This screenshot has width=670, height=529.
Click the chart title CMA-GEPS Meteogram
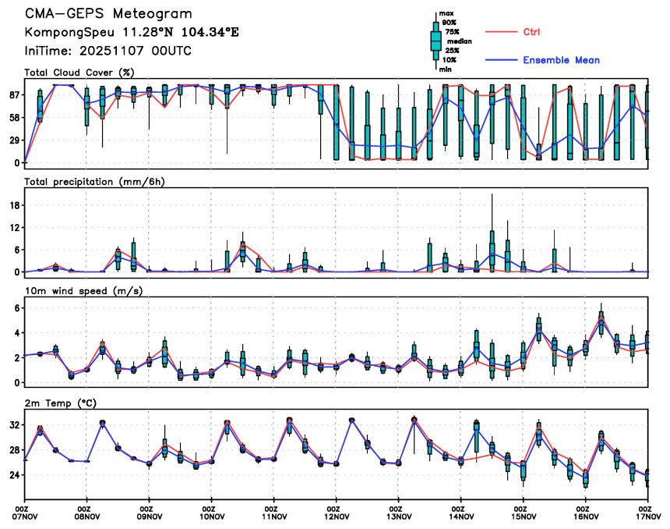108,14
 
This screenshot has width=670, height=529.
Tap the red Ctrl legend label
532,32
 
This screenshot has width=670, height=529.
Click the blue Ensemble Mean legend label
561,60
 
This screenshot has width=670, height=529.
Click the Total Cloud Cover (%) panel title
79,73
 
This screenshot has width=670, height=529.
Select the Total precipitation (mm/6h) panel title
93,181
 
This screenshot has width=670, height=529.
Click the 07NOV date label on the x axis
26,516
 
